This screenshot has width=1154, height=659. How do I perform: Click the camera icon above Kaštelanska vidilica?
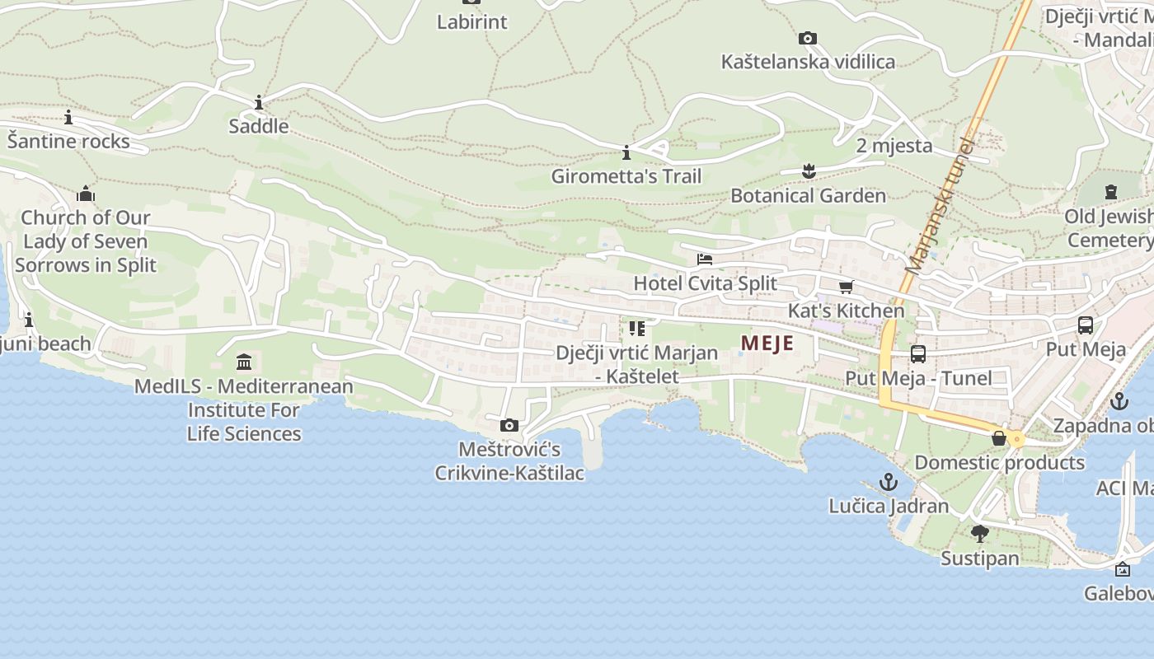[808, 38]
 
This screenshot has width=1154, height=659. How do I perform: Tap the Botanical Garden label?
[808, 196]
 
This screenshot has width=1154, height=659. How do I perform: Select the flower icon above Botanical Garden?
[808, 171]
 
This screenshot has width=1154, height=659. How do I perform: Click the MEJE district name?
[767, 344]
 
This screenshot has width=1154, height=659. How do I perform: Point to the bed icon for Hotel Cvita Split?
[704, 259]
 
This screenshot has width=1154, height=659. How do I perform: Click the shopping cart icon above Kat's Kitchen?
[846, 287]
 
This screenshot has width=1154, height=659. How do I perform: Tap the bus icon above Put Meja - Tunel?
[917, 354]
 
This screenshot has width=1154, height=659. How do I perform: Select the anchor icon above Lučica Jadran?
[889, 482]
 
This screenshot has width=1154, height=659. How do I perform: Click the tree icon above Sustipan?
[979, 534]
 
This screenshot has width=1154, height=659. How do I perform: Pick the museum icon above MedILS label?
[244, 362]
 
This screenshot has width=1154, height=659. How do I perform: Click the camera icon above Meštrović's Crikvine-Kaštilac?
[509, 425]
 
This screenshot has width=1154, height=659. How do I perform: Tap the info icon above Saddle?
[259, 102]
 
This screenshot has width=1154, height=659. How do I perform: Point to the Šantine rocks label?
[68, 142]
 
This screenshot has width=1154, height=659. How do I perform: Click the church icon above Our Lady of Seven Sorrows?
[86, 194]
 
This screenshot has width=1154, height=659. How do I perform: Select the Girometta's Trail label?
[626, 176]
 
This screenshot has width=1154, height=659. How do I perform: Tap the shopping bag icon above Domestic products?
[999, 438]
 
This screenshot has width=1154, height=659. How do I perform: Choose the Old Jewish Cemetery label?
[1109, 228]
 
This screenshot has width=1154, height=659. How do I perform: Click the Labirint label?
[471, 22]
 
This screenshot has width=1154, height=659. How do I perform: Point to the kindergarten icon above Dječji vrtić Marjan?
[636, 329]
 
